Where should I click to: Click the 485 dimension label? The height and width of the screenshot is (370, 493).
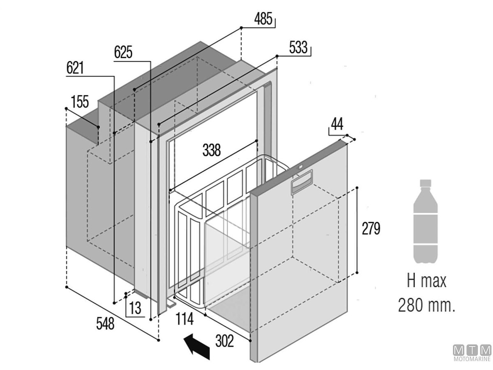263,19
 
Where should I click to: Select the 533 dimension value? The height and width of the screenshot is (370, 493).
298,48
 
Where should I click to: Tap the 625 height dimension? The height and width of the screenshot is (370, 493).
123,53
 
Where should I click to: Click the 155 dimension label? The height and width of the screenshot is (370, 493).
80,101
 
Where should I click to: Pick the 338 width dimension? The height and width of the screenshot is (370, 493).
212,150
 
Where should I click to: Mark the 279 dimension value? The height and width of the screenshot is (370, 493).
371,229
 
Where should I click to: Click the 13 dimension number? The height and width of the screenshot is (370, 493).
136,308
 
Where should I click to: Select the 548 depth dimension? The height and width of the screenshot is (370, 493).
105,324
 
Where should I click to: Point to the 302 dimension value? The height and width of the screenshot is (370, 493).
224,341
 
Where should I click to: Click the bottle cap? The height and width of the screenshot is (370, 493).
426,183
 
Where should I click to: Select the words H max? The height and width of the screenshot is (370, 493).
426,282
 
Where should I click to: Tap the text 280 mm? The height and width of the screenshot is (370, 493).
426,305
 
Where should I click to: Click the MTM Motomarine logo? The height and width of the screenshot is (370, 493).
472,353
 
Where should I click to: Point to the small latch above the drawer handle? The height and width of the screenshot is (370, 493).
300,167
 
